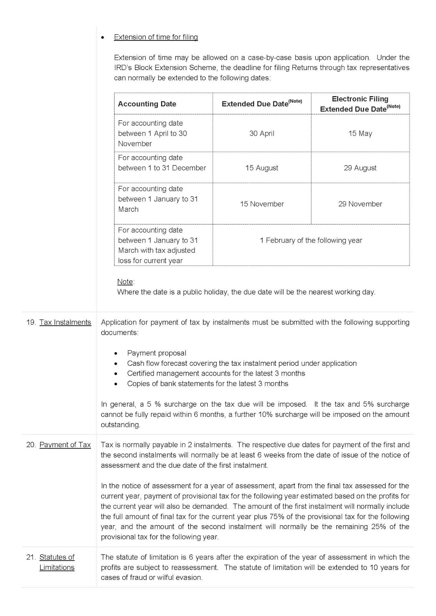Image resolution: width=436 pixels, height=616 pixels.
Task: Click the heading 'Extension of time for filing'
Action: [x=156, y=37]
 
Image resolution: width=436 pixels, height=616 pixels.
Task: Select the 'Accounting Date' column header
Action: [x=147, y=104]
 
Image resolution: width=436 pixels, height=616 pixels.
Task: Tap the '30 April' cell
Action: [x=262, y=134]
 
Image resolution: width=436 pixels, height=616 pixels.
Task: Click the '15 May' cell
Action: [x=360, y=134]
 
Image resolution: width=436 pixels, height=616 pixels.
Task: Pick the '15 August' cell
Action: [x=262, y=168]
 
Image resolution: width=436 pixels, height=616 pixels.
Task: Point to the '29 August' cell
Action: [x=360, y=168]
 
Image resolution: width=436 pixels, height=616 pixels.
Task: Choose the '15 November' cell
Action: [x=262, y=204]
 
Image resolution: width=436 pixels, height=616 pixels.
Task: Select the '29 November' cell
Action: [x=360, y=204]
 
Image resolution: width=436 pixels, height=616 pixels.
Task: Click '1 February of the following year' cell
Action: [x=311, y=240]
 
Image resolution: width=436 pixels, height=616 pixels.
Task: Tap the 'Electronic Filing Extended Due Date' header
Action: [x=360, y=104]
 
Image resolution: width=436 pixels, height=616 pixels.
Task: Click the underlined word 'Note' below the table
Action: [x=125, y=282]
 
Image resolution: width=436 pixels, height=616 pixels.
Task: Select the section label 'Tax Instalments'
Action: [x=65, y=322]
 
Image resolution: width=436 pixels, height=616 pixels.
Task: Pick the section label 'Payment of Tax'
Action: [x=65, y=445]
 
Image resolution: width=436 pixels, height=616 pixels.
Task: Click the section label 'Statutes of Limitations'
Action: [x=57, y=562]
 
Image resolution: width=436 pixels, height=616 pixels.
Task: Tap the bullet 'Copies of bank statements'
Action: [x=207, y=383]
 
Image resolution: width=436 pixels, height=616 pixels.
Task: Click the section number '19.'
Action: [x=31, y=322]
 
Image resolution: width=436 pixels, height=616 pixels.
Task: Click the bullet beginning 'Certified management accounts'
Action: [x=216, y=373]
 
